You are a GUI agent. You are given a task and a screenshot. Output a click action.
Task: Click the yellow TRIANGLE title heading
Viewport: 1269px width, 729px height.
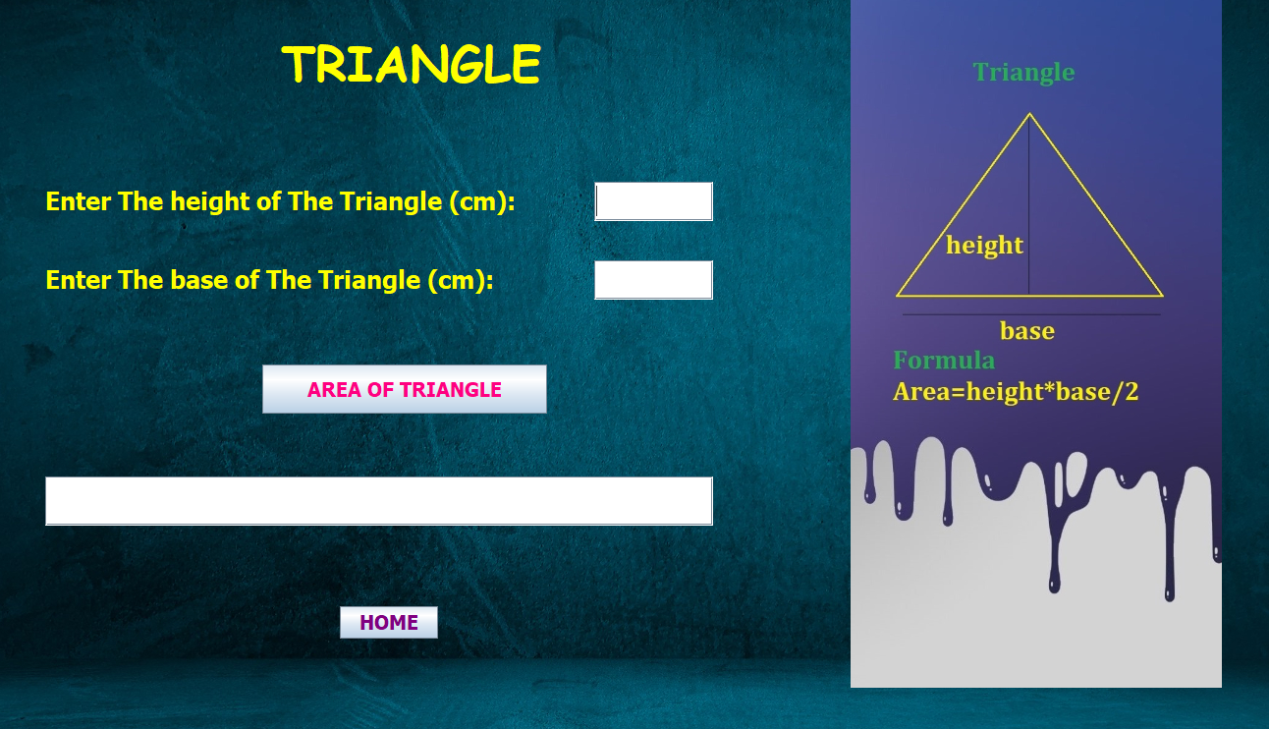click(411, 64)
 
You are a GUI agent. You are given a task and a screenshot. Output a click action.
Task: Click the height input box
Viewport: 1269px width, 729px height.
click(653, 201)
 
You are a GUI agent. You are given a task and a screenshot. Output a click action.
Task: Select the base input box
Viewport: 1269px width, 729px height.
click(653, 279)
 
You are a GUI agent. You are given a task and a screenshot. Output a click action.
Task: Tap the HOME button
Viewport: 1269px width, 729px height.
click(389, 623)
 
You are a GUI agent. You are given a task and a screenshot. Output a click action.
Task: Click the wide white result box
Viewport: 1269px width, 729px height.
click(379, 501)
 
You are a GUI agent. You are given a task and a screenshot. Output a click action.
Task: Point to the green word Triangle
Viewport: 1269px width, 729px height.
click(1023, 73)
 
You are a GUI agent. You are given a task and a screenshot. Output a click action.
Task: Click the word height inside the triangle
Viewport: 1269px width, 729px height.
click(984, 246)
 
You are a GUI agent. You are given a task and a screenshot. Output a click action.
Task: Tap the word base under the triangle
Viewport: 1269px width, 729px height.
click(1027, 330)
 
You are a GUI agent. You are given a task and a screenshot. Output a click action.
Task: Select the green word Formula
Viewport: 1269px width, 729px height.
click(944, 361)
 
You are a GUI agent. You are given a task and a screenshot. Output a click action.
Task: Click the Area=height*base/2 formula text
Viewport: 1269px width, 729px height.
click(1016, 392)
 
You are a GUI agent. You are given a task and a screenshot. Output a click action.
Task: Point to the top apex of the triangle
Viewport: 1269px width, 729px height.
click(1029, 114)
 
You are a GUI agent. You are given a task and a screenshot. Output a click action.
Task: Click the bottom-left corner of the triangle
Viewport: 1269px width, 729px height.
click(898, 296)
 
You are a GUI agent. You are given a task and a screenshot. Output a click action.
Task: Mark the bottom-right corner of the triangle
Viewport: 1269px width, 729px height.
click(1163, 296)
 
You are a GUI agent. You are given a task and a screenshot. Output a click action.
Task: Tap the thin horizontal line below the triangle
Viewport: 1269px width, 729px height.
click(1031, 314)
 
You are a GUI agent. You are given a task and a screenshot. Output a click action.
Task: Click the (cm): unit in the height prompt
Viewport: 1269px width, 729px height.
click(482, 201)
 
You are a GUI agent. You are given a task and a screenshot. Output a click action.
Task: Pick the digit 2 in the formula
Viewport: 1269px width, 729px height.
click(1131, 391)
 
